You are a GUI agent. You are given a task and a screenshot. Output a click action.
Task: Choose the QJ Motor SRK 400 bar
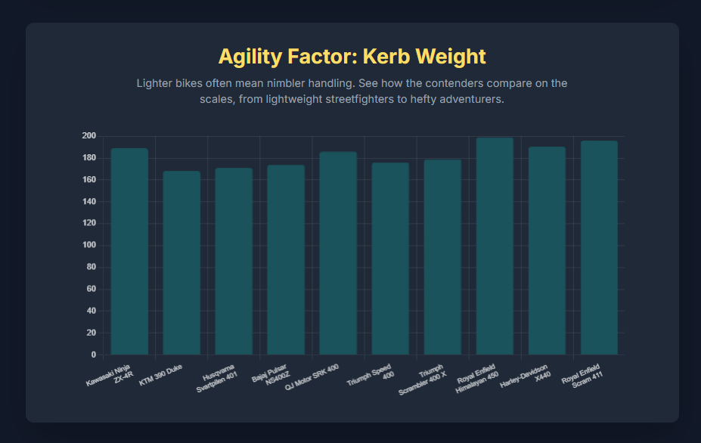pos(338,252)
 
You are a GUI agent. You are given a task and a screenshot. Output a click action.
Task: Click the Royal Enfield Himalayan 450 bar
pos(495,246)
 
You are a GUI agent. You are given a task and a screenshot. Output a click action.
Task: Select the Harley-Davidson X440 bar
pos(547,250)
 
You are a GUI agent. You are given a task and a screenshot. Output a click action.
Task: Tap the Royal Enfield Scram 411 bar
pos(599,247)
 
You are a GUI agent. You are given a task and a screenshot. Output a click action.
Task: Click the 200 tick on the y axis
pos(89,136)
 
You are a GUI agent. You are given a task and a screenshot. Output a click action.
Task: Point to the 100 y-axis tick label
pos(89,246)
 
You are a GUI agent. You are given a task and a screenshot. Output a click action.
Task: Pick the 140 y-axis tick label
pos(89,202)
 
